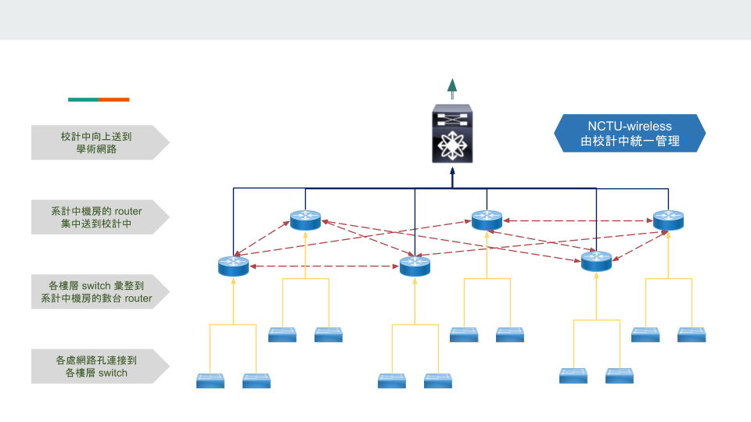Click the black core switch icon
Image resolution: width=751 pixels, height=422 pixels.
(x=452, y=134)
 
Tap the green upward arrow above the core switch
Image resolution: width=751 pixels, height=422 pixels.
(x=452, y=87)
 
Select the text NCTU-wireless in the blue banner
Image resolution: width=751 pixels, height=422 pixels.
(x=630, y=125)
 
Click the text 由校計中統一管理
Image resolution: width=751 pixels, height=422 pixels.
(x=630, y=141)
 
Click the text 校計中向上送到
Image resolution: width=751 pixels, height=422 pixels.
(x=96, y=136)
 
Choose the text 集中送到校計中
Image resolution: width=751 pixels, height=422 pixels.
(x=96, y=224)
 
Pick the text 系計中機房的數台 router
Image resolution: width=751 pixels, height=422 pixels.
(x=96, y=298)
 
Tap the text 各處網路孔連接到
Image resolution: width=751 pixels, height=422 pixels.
(x=96, y=360)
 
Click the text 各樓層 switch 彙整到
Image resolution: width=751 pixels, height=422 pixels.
(x=96, y=285)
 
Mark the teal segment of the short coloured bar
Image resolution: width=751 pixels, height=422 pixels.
(x=84, y=99)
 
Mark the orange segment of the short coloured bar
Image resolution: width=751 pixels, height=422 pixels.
(x=114, y=99)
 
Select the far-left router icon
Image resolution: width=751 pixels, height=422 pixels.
(x=233, y=266)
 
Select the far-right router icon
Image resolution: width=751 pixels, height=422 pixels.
(x=668, y=220)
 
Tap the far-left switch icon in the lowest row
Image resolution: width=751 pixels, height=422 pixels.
(x=210, y=381)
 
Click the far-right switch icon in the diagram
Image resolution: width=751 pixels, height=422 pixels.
(x=692, y=334)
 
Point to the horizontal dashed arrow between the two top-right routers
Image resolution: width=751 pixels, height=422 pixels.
(x=577, y=220)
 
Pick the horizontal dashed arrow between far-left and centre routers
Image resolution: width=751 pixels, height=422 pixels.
(x=324, y=266)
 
